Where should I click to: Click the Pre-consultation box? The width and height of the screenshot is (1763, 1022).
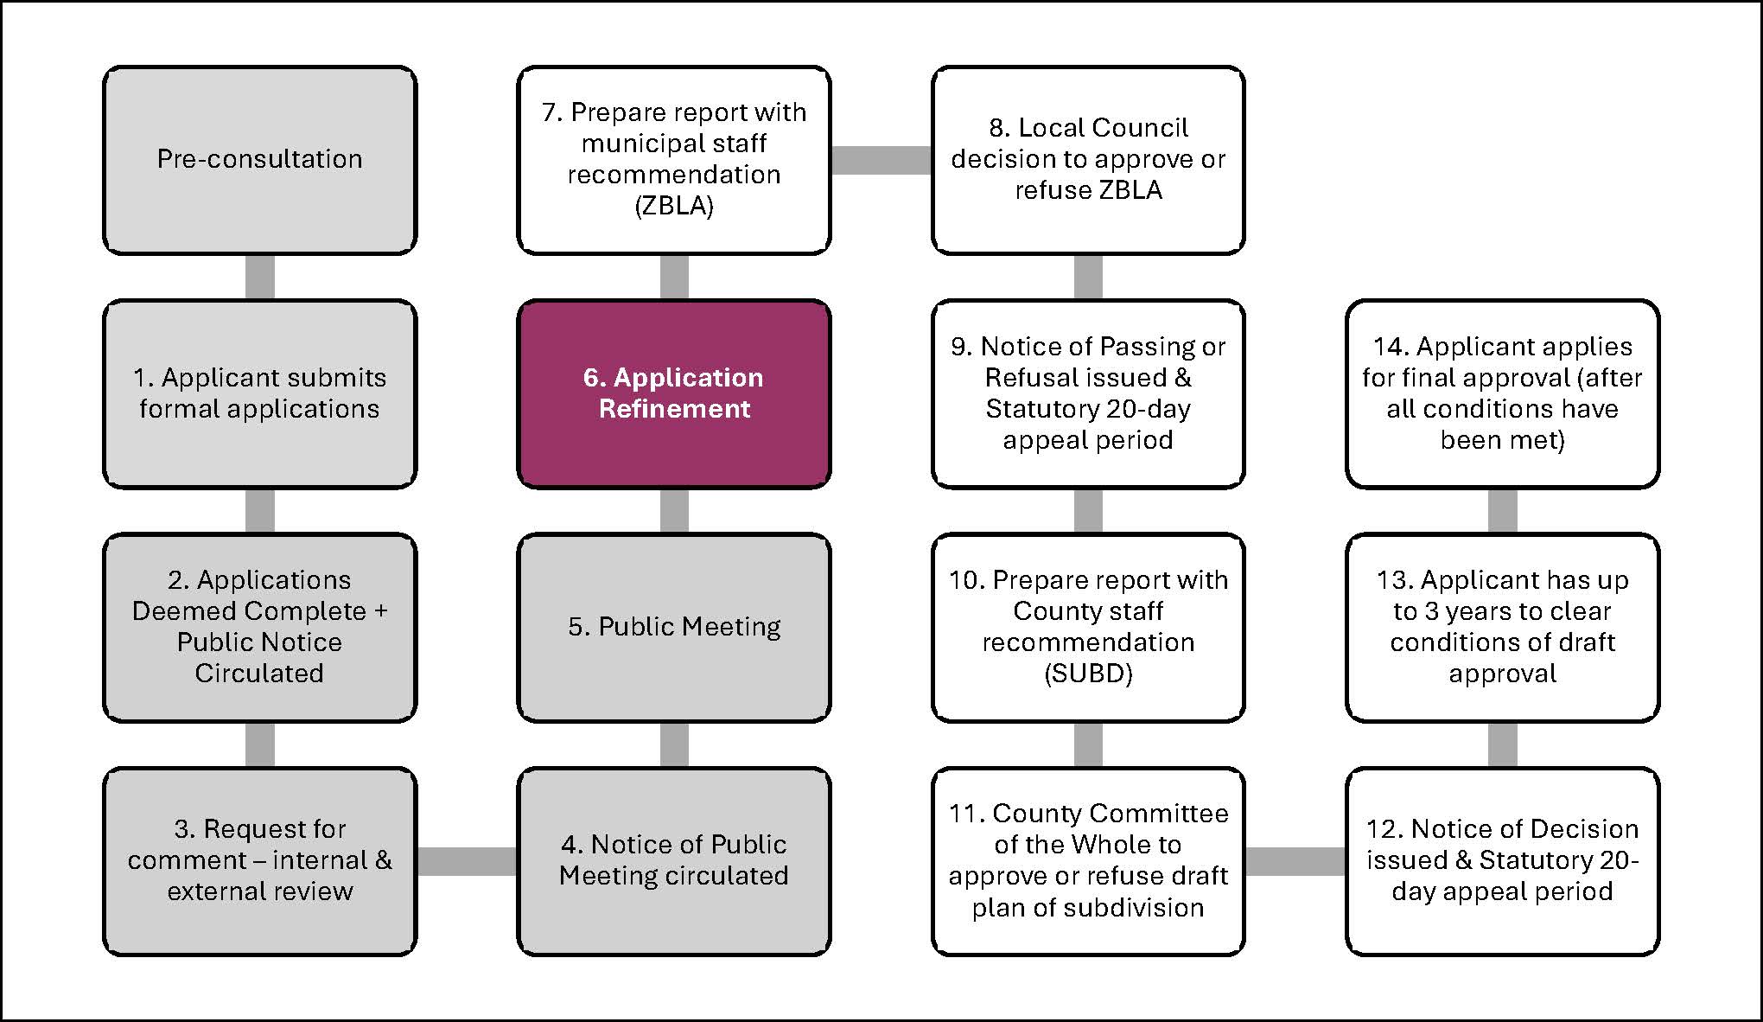point(259,160)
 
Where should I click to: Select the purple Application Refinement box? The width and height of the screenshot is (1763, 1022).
point(673,393)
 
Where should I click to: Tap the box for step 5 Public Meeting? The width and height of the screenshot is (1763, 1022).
point(673,627)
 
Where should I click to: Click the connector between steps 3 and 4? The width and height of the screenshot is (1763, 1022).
point(467,861)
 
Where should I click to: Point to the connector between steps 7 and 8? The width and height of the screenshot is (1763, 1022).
point(881,160)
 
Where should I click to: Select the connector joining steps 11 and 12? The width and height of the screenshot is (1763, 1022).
point(1295,861)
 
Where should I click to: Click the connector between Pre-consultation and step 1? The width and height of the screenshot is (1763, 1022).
point(259,277)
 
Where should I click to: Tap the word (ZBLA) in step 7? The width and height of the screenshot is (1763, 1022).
point(673,206)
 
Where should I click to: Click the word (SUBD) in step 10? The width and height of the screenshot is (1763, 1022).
point(1087,674)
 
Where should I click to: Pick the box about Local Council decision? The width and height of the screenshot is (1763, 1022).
point(1087,160)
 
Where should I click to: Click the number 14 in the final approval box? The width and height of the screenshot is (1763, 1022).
point(1390,347)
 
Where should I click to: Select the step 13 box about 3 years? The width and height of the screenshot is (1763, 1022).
point(1502,627)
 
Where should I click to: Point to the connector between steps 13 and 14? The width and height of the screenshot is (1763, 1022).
point(1502,510)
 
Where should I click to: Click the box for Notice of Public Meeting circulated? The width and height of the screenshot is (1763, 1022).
point(673,861)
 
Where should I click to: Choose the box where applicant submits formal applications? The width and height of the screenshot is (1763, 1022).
point(259,393)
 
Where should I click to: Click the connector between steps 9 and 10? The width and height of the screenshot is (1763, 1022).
point(1087,510)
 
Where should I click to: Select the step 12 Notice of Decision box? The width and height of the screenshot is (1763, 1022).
point(1502,861)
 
